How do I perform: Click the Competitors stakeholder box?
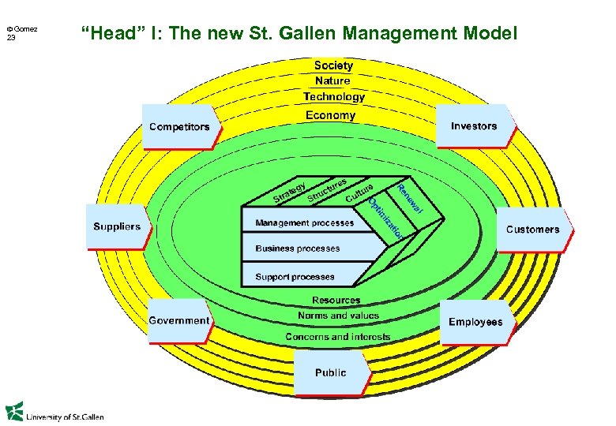[x=180, y=127]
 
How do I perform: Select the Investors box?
[x=474, y=126]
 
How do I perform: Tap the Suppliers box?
[x=117, y=226]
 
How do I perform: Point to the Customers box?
[x=532, y=230]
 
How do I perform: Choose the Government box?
[x=179, y=320]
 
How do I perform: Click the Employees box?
[x=475, y=322]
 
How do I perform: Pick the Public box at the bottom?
[x=330, y=372]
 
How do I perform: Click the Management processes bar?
[x=306, y=223]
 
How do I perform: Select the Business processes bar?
[x=299, y=248]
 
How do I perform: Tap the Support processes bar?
[x=295, y=277]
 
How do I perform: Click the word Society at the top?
[x=333, y=65]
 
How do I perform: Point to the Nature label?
[x=332, y=80]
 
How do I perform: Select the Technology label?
[x=334, y=97]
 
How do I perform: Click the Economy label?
[x=331, y=115]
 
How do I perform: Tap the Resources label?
[x=336, y=301]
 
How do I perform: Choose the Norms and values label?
[x=338, y=316]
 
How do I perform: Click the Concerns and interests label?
[x=338, y=337]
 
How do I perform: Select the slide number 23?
[x=11, y=37]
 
